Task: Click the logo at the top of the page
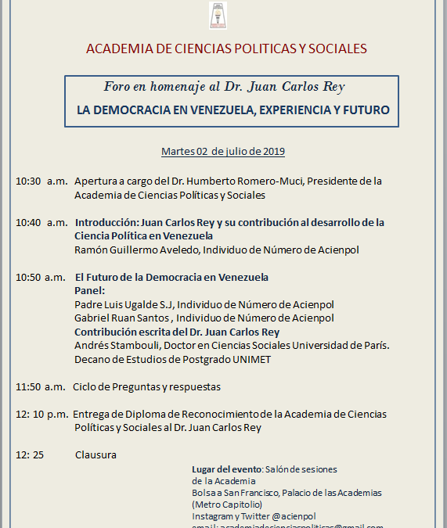pos(216,15)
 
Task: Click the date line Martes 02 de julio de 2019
pos(223,151)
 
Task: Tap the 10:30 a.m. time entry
pos(41,181)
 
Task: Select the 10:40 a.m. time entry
pos(41,222)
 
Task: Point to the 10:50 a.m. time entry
pos(41,277)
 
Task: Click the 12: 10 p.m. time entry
pos(41,414)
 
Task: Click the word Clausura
pos(96,454)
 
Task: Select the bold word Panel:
pos(89,290)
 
